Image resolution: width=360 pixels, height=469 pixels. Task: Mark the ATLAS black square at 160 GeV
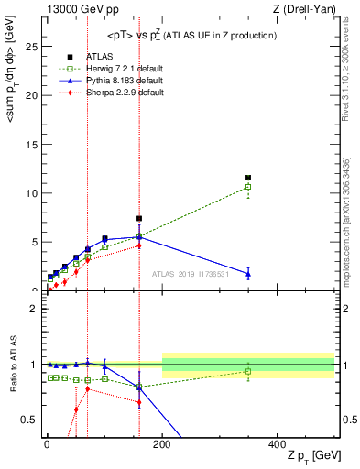(139, 219)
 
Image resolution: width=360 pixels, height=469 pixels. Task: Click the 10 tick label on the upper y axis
(33, 193)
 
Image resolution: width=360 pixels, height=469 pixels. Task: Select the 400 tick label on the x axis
(277, 443)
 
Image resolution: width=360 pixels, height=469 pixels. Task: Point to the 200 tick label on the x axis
(161, 443)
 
